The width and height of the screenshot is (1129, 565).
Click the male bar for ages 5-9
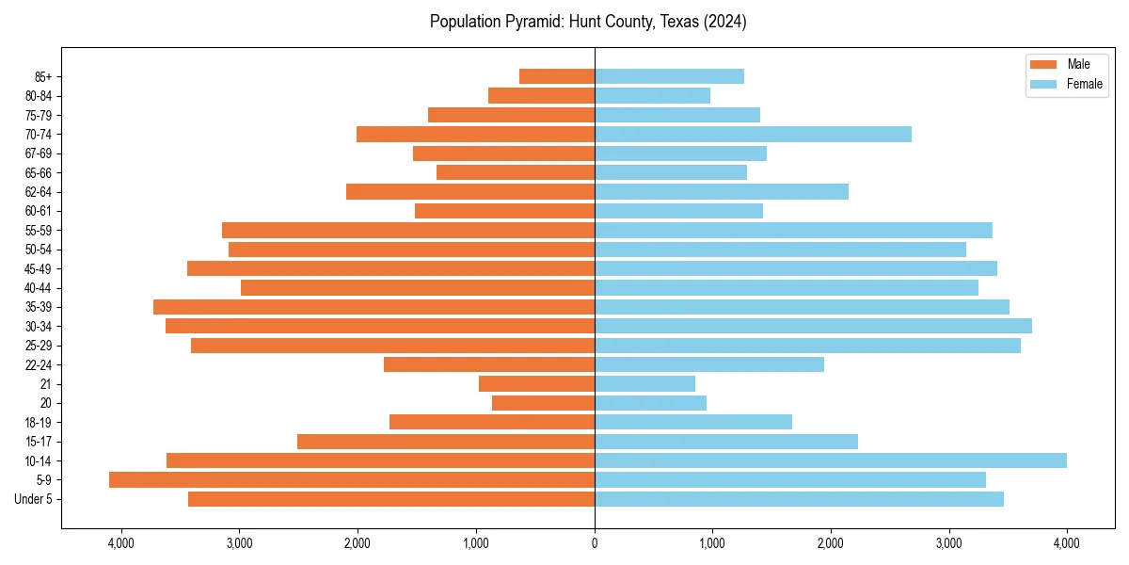[352, 480]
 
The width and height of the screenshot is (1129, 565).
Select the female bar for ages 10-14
[831, 460]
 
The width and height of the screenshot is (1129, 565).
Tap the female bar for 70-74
[753, 135]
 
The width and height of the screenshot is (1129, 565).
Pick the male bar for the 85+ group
[557, 76]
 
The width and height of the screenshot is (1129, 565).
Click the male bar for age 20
[543, 403]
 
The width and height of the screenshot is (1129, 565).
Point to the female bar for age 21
[644, 384]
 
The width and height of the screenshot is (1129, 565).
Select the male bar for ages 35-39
[374, 307]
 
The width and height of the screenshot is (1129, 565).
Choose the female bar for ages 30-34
[813, 326]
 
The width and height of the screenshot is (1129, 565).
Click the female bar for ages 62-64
[722, 192]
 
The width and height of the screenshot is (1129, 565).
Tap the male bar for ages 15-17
[446, 442]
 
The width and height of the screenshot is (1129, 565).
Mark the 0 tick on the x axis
[595, 543]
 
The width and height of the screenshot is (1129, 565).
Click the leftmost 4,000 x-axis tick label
[121, 543]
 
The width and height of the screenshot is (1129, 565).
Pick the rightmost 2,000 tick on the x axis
[831, 543]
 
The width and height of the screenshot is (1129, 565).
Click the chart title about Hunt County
[588, 22]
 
